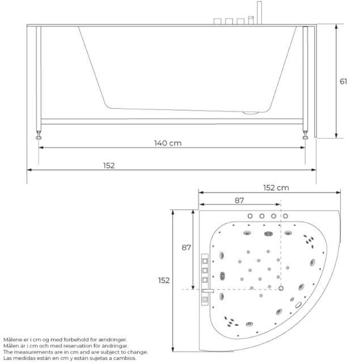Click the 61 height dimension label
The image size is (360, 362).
point(343,82)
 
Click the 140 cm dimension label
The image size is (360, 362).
point(168,143)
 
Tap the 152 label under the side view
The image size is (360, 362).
point(109,165)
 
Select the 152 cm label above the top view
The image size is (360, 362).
point(276,188)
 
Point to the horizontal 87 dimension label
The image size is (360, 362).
point(239,201)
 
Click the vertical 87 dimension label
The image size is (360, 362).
point(187,248)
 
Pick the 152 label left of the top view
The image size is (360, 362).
point(164,280)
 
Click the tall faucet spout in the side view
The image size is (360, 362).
point(259,12)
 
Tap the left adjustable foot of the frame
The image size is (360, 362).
point(39,135)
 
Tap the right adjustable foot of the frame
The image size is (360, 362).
point(305,135)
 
